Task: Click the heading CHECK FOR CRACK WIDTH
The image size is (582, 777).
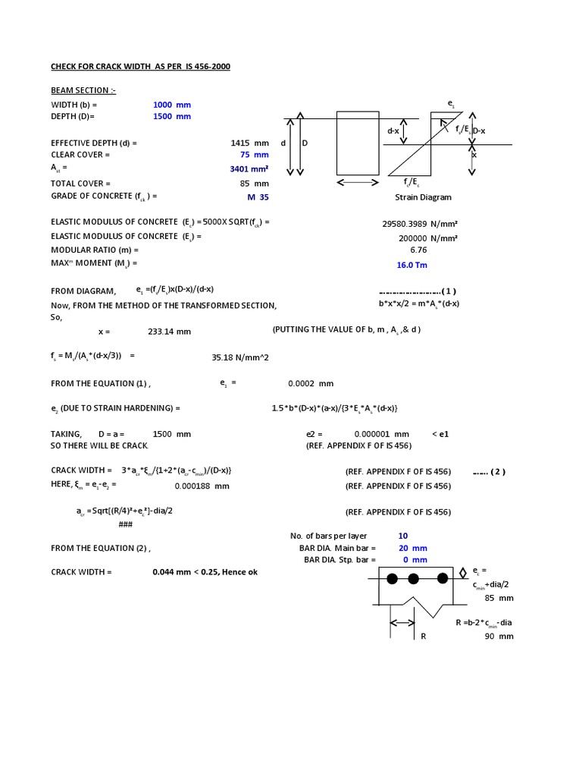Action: pos(140,67)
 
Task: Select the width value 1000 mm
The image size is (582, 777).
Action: pos(172,104)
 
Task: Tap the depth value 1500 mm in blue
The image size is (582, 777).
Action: pos(172,116)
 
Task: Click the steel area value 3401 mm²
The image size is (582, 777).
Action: pos(249,169)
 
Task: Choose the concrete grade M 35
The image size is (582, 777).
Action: pos(258,197)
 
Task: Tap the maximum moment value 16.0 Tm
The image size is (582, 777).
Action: pos(412,266)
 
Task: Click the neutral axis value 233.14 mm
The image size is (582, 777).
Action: pos(169,332)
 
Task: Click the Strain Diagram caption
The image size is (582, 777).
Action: pos(423,197)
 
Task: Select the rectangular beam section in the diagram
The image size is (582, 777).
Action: pos(358,143)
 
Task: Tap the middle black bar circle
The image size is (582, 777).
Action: pos(413,579)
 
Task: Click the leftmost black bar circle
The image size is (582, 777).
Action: pos(392,579)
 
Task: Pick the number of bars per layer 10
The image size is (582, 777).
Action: pos(403,536)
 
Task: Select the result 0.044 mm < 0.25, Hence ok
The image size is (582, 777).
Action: pos(205,571)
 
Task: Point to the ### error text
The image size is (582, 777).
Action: pos(126,524)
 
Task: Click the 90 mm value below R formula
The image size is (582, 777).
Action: pos(499,636)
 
